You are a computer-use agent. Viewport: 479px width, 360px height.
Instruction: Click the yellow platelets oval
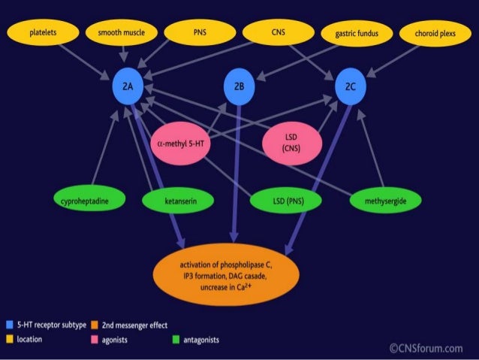(x=42, y=33)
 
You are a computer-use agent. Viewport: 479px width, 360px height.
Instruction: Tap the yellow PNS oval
(x=200, y=33)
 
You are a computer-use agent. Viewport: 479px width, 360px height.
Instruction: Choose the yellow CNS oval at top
(x=278, y=33)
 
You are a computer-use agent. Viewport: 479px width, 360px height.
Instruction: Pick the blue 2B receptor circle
(x=239, y=87)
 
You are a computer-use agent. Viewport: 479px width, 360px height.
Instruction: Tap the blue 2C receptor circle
(x=350, y=87)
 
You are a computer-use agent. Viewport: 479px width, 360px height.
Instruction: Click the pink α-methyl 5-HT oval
(x=185, y=141)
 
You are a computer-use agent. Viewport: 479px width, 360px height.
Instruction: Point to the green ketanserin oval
(x=179, y=201)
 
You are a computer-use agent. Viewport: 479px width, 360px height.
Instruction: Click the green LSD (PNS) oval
(x=286, y=201)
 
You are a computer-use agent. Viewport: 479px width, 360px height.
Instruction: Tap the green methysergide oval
(x=384, y=201)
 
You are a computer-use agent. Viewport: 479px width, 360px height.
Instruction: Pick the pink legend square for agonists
(x=95, y=340)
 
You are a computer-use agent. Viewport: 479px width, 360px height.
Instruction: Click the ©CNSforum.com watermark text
(x=426, y=347)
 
